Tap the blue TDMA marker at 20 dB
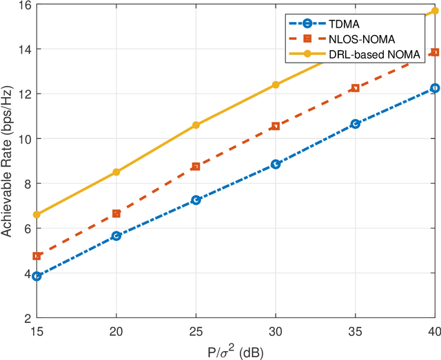tap(116, 235)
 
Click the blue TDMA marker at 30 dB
tap(276, 164)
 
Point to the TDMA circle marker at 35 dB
tap(355, 124)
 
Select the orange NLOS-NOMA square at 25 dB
tap(196, 167)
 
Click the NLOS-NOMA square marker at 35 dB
tap(355, 88)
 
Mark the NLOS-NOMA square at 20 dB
tap(116, 213)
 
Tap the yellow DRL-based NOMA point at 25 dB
tap(196, 125)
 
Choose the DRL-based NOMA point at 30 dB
tap(276, 85)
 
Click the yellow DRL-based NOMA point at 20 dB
tap(116, 172)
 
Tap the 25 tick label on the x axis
tap(196, 330)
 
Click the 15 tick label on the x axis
tap(37, 330)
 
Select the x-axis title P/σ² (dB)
tap(235, 349)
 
